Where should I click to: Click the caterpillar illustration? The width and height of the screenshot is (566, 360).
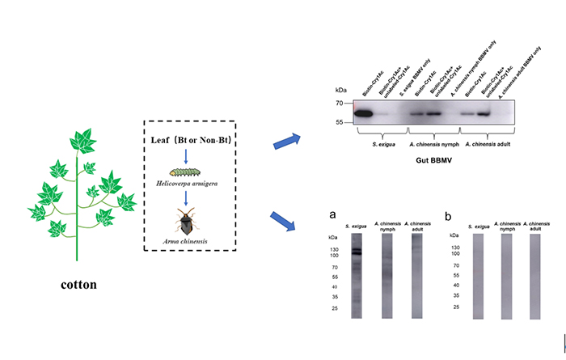[x=185, y=172]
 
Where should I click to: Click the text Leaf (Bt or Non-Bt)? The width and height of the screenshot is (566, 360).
[x=186, y=138]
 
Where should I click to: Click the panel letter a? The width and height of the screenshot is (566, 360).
[x=332, y=215]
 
